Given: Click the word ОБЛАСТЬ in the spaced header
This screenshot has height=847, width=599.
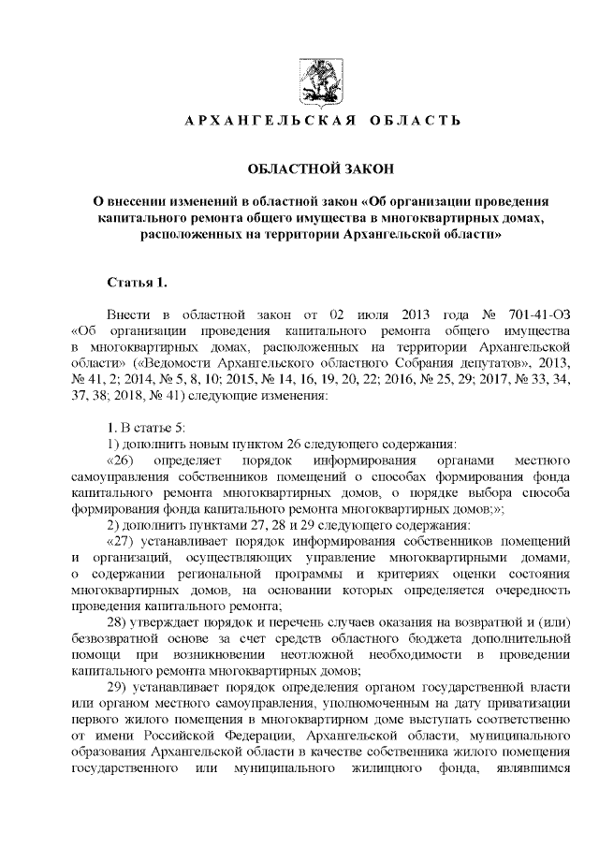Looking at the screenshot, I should [x=415, y=122].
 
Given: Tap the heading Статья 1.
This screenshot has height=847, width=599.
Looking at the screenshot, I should [x=138, y=282].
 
